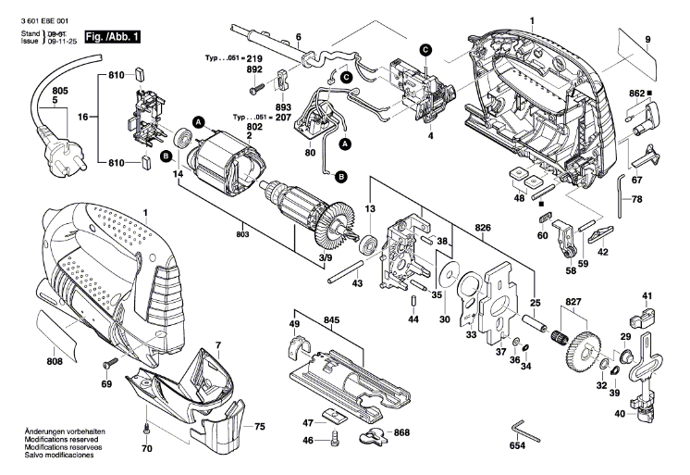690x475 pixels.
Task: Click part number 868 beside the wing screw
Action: (x=401, y=432)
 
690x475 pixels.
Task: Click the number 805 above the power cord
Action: (x=61, y=90)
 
